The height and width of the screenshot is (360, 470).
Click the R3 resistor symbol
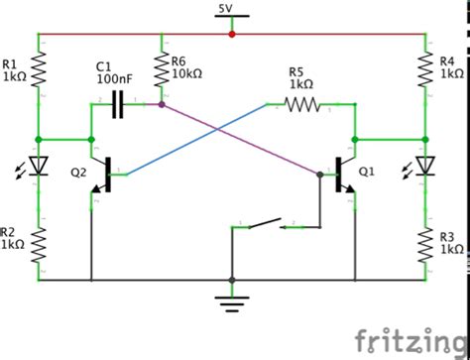(425, 244)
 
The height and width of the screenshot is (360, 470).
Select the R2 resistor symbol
(39, 244)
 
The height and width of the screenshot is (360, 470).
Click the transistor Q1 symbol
(347, 171)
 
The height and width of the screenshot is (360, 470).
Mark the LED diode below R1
(39, 166)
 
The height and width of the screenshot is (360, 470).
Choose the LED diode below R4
(425, 166)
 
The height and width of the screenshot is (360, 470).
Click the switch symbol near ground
(263, 225)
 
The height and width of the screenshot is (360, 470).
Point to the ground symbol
(231, 299)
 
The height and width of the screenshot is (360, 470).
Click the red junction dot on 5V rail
(231, 33)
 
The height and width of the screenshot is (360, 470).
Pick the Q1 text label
(368, 171)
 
